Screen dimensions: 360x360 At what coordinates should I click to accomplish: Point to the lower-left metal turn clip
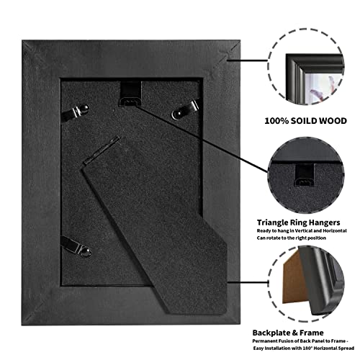(76, 246)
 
